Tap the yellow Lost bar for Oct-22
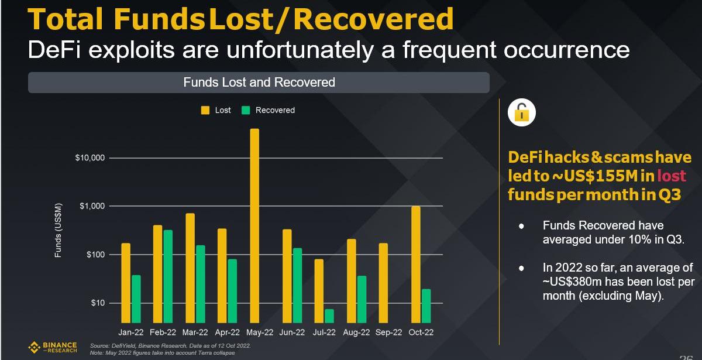tap(415, 264)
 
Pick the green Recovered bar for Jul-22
tap(329, 316)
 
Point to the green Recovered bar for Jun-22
tap(297, 285)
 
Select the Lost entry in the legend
tap(216, 110)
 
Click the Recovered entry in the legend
tap(269, 110)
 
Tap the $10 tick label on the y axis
tap(97, 303)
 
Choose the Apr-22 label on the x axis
tap(228, 332)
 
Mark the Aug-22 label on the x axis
tap(356, 332)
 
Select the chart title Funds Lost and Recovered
tap(259, 83)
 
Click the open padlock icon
tap(521, 112)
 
